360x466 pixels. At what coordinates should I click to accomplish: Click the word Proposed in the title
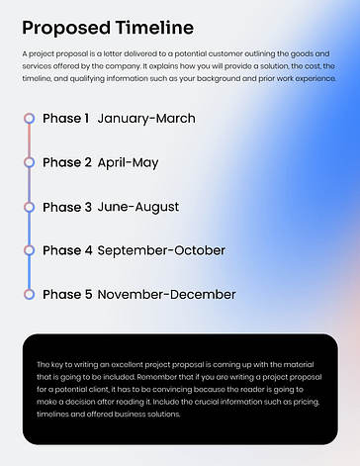click(x=65, y=27)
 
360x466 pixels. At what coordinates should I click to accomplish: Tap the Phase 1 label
click(x=66, y=119)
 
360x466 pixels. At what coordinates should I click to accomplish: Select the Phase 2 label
click(x=67, y=162)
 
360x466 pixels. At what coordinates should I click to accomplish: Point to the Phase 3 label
click(x=67, y=207)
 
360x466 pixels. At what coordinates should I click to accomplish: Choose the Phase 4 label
click(x=67, y=250)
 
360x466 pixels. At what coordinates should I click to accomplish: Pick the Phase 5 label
click(x=67, y=294)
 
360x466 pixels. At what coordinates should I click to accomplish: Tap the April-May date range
click(x=128, y=162)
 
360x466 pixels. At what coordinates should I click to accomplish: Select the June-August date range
click(x=138, y=207)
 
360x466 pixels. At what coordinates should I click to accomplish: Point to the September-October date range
click(x=161, y=250)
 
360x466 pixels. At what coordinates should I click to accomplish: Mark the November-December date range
click(x=166, y=294)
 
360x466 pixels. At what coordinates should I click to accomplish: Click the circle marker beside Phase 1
click(x=30, y=119)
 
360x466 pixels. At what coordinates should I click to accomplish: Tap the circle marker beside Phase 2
click(x=30, y=162)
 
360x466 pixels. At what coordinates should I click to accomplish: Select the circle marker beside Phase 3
click(x=30, y=207)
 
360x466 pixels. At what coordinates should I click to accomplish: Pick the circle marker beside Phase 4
click(x=30, y=250)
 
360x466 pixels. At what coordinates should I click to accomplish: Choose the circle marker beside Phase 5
click(x=30, y=294)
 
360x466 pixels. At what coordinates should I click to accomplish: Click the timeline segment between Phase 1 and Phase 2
click(x=30, y=140)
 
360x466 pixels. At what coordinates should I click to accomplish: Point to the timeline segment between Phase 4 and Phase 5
click(x=30, y=272)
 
